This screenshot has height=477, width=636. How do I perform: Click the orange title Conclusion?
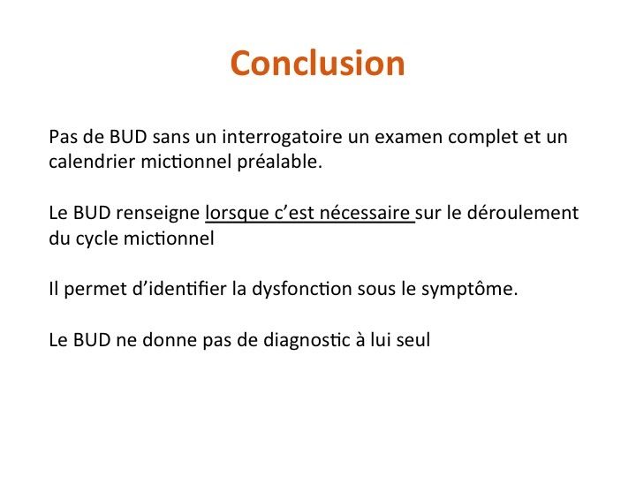coord(318,64)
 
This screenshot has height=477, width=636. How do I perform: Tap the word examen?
coord(408,138)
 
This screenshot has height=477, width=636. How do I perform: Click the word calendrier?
coord(92,162)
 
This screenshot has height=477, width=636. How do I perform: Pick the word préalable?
coord(279,163)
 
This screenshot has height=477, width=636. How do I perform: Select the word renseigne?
coord(158,214)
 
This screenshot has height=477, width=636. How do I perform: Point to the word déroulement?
coord(523,214)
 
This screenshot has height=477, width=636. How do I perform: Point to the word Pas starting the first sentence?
coord(64,137)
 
